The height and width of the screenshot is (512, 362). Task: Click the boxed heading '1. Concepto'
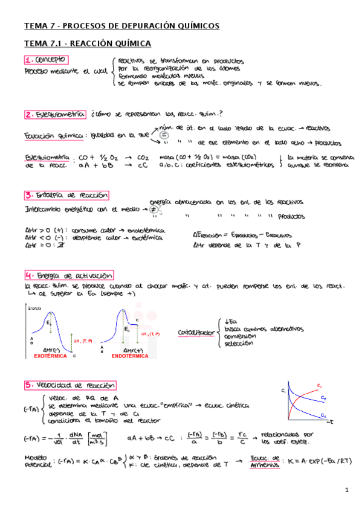[46, 60]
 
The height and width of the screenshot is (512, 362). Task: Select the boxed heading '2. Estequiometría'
[54, 114]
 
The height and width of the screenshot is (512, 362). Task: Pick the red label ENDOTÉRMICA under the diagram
[129, 356]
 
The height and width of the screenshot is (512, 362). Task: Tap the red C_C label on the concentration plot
[319, 385]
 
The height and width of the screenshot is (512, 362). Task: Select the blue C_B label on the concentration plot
[325, 399]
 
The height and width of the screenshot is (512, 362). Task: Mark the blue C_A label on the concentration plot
[325, 416]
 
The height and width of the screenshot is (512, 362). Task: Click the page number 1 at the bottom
[347, 490]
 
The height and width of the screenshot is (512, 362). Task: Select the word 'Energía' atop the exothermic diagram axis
[34, 308]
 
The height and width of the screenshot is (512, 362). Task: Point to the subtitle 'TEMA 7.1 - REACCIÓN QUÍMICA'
[87, 43]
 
